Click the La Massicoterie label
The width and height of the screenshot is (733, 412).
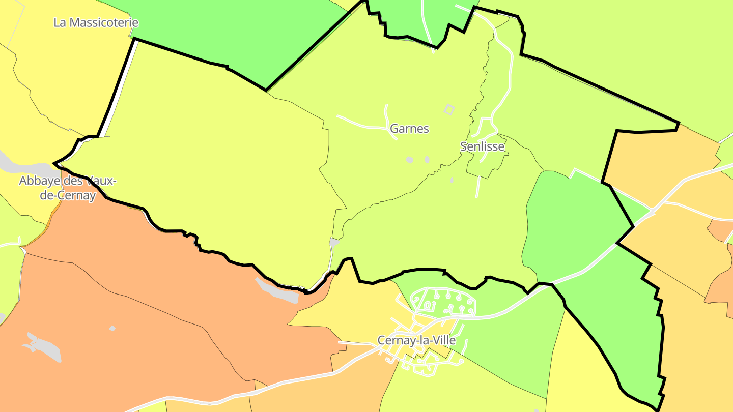point(96,23)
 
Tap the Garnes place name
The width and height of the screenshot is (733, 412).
point(409,129)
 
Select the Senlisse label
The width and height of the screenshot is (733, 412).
point(482,146)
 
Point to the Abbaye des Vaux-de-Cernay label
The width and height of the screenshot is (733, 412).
point(68,188)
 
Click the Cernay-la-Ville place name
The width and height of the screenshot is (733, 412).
point(416,340)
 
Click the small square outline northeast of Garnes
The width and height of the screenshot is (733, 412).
point(449,109)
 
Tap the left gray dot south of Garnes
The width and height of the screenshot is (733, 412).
point(410,160)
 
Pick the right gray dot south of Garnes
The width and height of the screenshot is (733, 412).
point(427,160)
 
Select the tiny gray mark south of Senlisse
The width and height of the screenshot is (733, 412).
point(452,180)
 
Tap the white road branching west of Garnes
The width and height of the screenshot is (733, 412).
point(361,123)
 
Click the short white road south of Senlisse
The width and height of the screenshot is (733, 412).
point(477,187)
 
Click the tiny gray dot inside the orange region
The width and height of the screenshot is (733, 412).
point(112,329)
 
